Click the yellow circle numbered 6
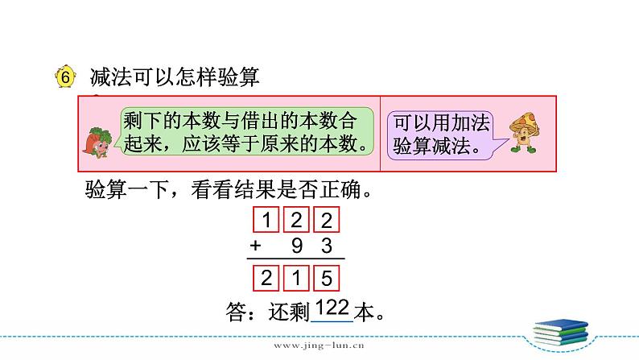64,77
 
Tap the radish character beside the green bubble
97,139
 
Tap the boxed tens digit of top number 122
297,220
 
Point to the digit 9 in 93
297,246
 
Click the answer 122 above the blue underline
332,307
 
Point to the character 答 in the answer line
239,311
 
